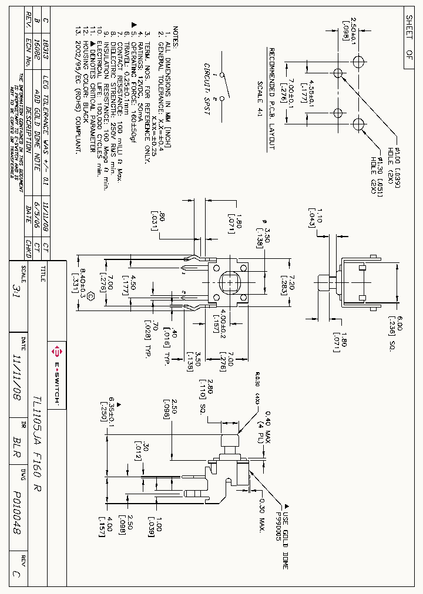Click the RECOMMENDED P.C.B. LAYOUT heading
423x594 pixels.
pyautogui.click(x=271, y=100)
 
